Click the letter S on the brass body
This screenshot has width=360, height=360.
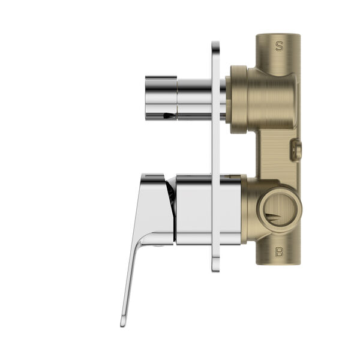278,46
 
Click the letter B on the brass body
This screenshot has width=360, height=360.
278,252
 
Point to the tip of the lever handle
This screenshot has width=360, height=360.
124,322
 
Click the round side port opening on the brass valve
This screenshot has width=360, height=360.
279,209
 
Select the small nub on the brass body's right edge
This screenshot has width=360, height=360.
296,149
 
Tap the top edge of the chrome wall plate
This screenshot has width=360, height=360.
215,43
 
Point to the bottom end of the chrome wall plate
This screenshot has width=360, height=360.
215,269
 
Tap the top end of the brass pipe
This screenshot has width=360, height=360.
278,36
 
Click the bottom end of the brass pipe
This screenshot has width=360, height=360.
278,262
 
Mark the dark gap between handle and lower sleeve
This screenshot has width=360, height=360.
171,198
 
